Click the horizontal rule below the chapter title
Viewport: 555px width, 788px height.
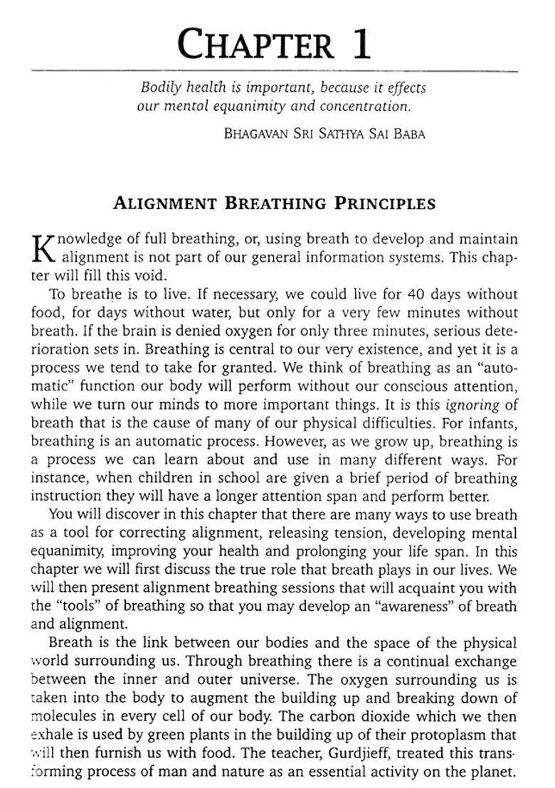[275, 71]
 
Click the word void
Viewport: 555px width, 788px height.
[151, 275]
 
